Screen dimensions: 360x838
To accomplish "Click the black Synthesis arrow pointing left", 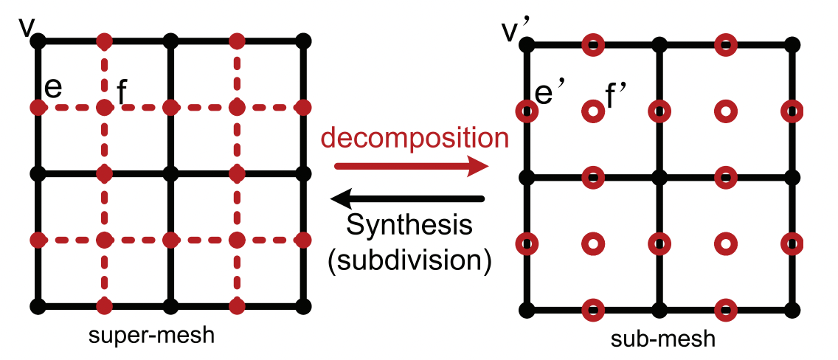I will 407,198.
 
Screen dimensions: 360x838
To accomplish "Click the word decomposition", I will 414,138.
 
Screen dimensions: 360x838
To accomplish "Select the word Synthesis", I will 409,226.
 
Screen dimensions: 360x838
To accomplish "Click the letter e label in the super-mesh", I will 53,86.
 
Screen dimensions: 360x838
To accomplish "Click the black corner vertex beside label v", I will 38,40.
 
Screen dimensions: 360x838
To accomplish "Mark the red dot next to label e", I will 38,108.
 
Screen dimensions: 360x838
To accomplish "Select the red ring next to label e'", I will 526,112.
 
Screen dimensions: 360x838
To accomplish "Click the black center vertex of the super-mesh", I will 170,174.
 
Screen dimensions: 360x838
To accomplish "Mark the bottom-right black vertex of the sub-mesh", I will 792,310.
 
